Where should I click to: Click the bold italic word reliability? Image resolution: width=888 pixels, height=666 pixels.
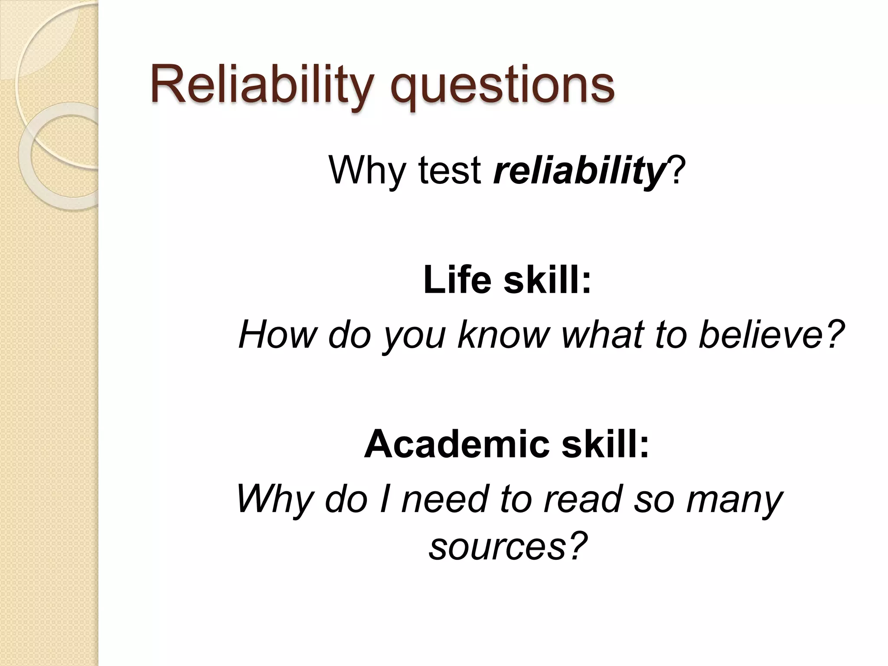579,171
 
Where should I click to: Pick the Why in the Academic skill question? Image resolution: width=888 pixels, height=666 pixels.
274,499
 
